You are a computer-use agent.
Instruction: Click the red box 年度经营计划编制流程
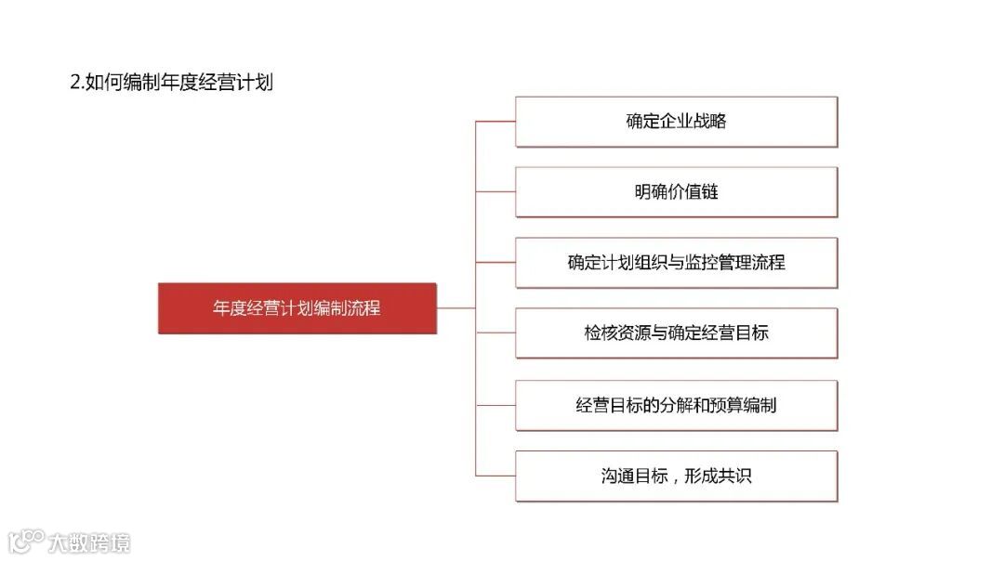coord(297,308)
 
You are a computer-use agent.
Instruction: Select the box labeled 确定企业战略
coord(676,122)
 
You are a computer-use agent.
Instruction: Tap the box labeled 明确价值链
coord(676,192)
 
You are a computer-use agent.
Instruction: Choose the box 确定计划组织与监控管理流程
coord(676,263)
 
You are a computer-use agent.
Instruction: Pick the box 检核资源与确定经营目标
coord(676,333)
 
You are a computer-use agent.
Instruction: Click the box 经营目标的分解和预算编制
coord(676,405)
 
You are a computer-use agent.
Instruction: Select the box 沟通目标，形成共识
coord(676,476)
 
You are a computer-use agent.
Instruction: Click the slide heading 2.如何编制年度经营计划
coord(171,82)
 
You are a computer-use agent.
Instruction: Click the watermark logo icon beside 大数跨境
coord(26,541)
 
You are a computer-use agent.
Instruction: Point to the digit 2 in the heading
coord(74,82)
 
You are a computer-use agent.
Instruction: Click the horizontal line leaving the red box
coord(456,308)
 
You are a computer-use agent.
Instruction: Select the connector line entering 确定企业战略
coord(495,122)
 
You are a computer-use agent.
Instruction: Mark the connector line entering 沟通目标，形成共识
coord(495,476)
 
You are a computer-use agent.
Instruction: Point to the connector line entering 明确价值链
coord(495,192)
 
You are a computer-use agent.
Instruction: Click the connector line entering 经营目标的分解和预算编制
coord(495,405)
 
